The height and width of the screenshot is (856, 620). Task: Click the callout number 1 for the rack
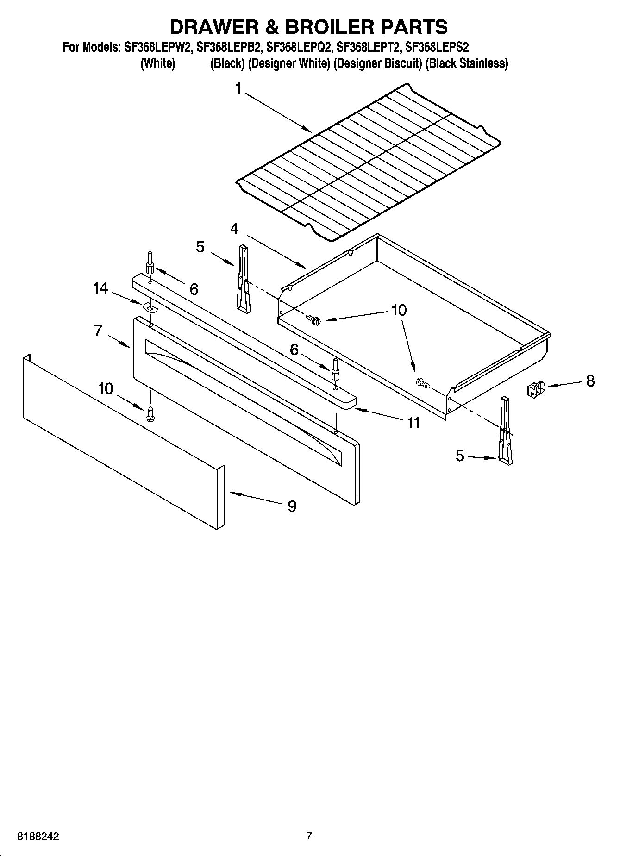click(x=238, y=88)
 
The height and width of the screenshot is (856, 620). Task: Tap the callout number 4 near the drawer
click(x=235, y=228)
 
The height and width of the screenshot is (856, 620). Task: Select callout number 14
click(x=100, y=288)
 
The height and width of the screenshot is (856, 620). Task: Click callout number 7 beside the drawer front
click(x=98, y=331)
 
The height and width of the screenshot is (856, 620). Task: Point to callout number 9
click(x=292, y=506)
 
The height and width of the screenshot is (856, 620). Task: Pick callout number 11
click(x=413, y=422)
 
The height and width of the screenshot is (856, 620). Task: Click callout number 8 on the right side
click(x=590, y=381)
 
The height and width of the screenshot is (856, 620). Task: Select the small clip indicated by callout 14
click(x=149, y=307)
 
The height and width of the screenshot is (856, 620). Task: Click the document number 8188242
click(x=38, y=837)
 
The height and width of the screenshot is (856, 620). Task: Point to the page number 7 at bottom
click(x=309, y=836)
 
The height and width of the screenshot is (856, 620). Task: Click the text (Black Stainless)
click(x=467, y=63)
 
